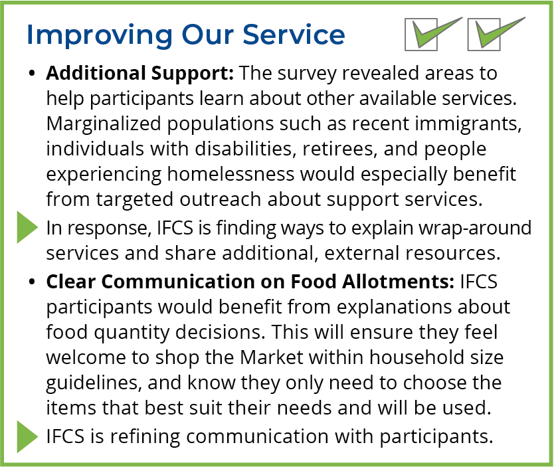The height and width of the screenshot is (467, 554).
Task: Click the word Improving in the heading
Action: (100, 35)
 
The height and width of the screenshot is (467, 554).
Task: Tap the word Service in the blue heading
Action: (294, 35)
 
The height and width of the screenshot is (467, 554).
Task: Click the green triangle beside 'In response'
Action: (27, 227)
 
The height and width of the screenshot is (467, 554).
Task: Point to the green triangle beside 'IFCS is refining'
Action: (27, 436)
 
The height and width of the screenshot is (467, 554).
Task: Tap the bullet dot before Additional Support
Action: (32, 74)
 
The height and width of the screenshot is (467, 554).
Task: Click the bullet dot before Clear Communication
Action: (32, 282)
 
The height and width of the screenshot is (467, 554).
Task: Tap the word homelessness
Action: (231, 174)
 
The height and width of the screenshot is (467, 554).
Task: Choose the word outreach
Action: (221, 199)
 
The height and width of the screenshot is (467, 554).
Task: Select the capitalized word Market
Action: (272, 357)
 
